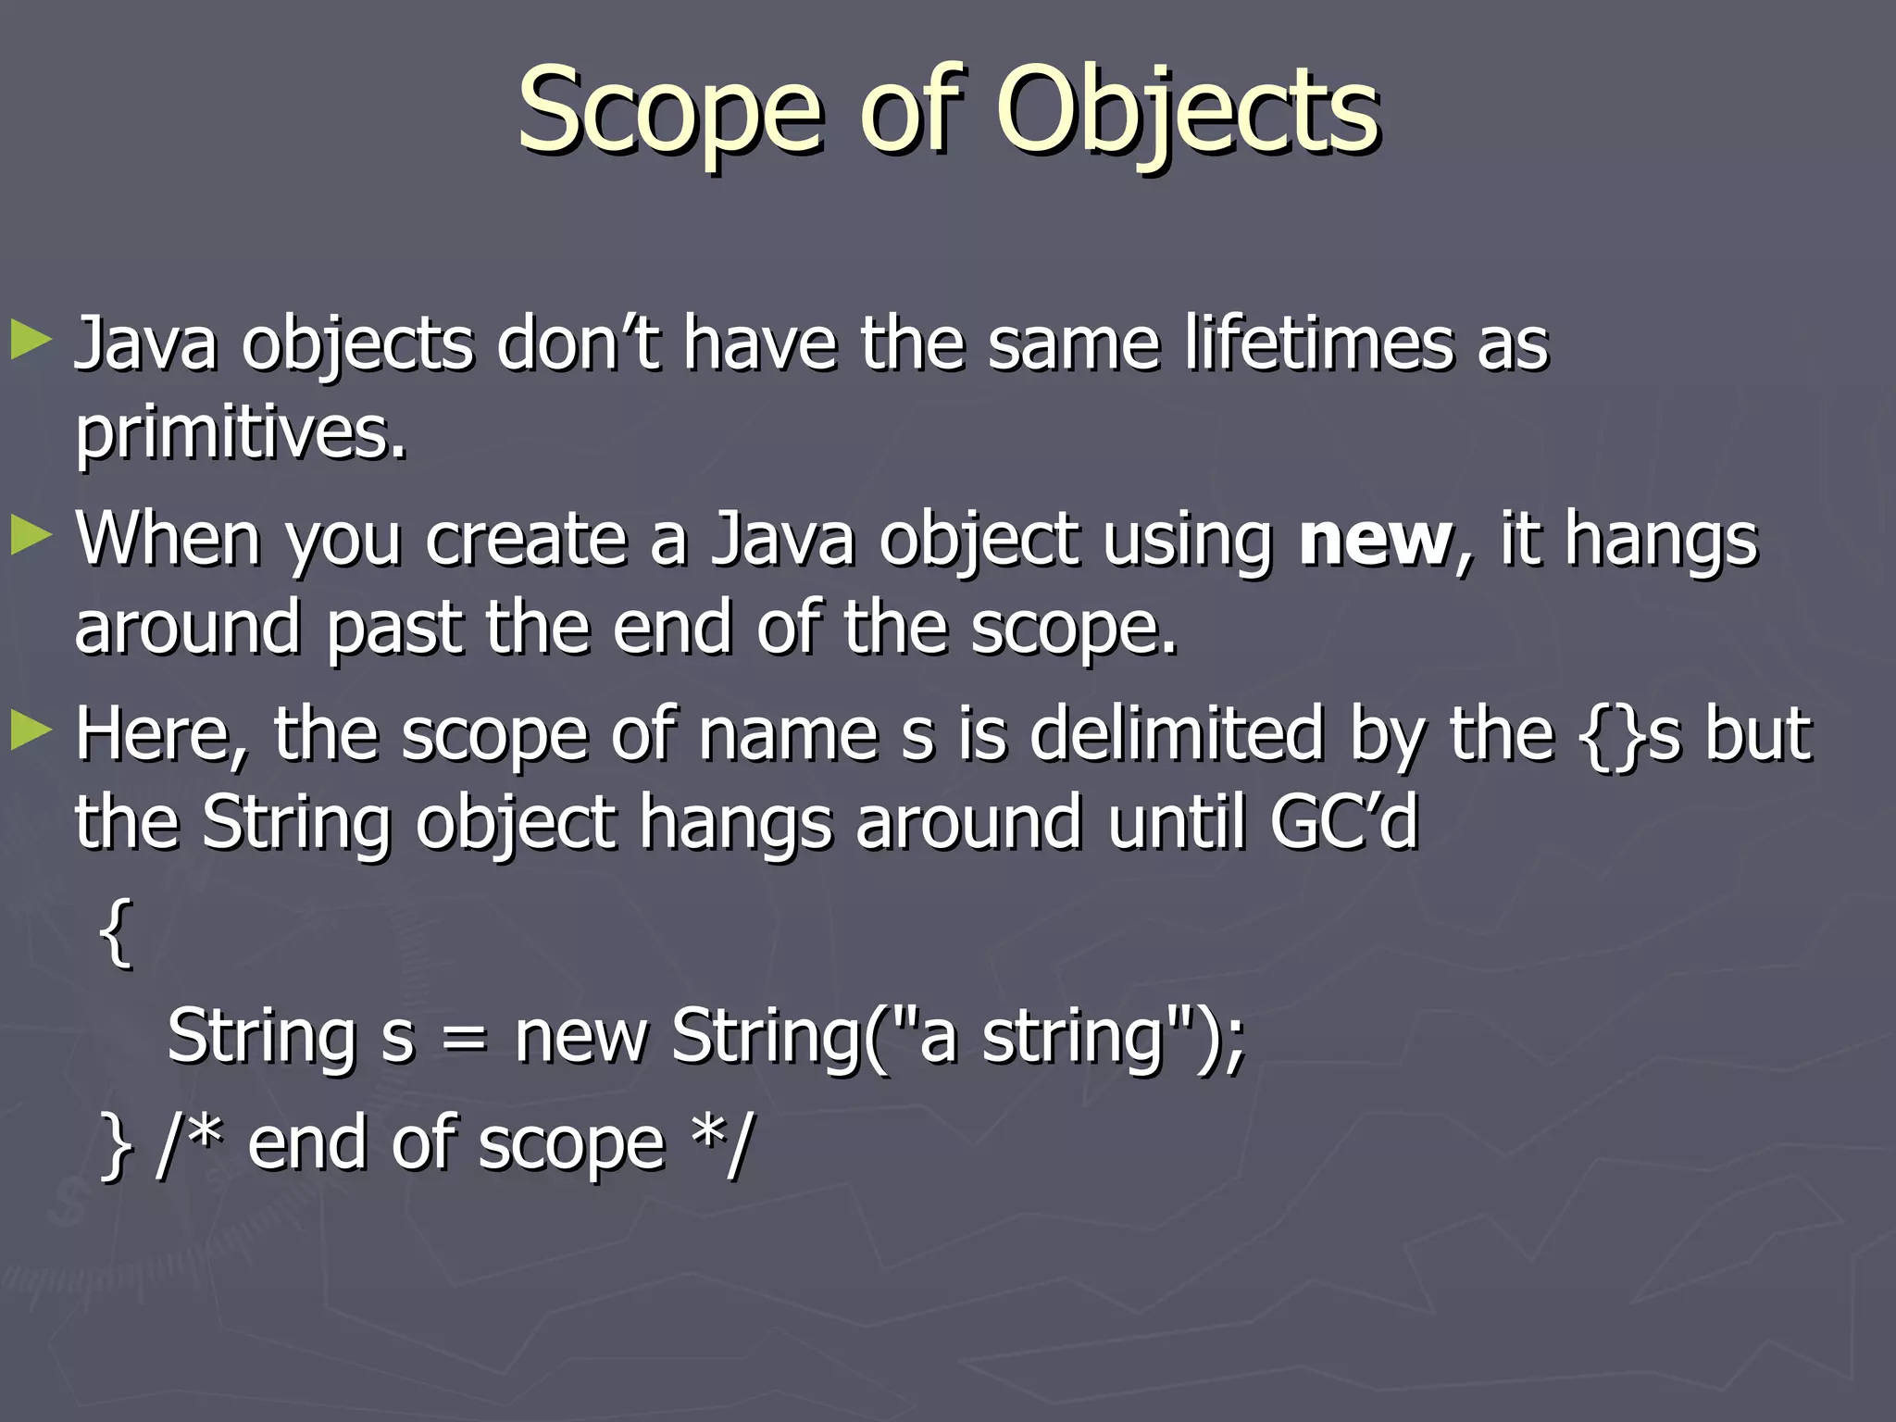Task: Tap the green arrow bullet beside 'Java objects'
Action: pos(31,341)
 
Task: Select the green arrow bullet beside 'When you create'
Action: pos(31,536)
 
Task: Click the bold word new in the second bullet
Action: pos(1375,540)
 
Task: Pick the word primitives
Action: pos(240,432)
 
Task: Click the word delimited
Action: pos(1177,734)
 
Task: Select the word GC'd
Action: pos(1343,822)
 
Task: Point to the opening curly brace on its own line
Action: pos(115,933)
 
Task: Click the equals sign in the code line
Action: pos(464,1038)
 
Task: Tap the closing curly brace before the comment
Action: pos(115,1145)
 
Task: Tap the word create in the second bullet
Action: pos(525,540)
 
